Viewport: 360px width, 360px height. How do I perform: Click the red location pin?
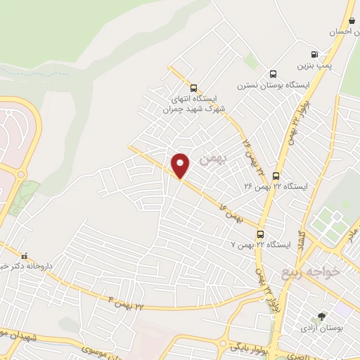pos(181,165)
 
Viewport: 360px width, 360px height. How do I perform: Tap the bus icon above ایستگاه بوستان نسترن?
pos(273,74)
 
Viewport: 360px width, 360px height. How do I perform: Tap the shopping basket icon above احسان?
pos(350,20)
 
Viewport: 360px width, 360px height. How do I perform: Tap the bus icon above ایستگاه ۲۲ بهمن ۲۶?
pos(276,176)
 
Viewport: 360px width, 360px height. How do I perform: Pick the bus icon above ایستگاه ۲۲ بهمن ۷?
pos(260,234)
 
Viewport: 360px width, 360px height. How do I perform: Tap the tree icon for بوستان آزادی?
pos(321,317)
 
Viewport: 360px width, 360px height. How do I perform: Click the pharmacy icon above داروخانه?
pos(25,257)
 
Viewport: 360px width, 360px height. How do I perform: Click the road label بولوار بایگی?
pos(246,346)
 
